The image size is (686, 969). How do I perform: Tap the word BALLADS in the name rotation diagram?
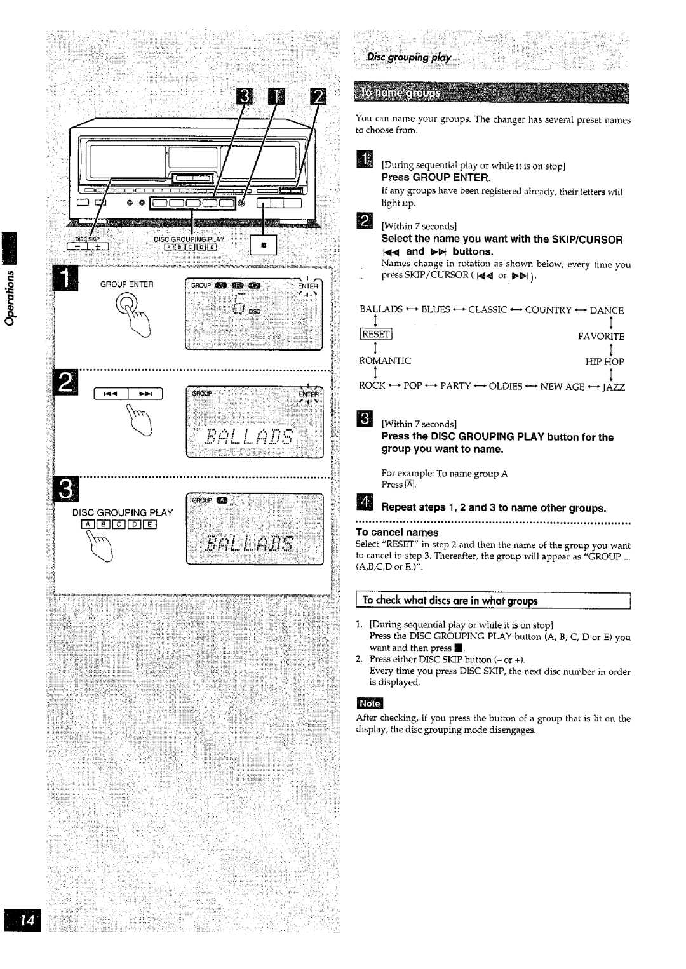click(x=381, y=310)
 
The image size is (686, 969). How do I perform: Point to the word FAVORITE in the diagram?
click(x=601, y=336)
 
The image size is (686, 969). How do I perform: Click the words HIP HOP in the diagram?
click(x=605, y=361)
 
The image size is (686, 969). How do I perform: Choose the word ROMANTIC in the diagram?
click(x=385, y=361)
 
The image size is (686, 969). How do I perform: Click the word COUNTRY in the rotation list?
click(x=548, y=310)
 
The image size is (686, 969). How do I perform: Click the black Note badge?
click(x=370, y=704)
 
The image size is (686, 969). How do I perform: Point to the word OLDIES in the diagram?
click(x=506, y=386)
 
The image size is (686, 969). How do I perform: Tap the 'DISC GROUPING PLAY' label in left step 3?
click(x=122, y=512)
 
